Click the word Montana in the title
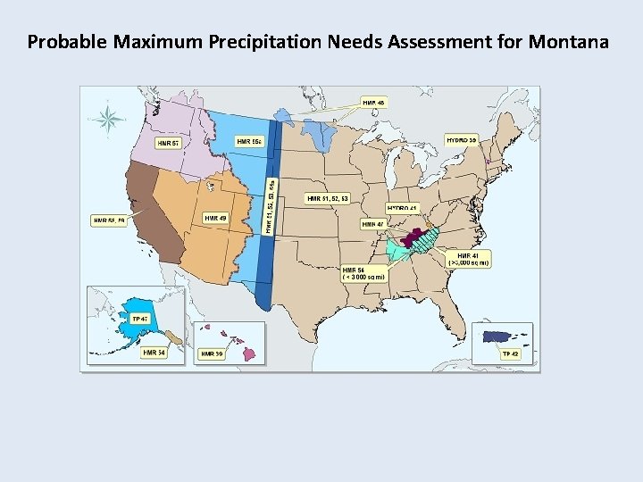coord(569,41)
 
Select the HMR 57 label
coord(169,142)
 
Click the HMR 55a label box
coord(249,142)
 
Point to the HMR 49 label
coord(215,218)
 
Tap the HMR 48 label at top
coord(374,103)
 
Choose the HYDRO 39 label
coord(461,140)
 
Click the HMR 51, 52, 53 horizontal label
coord(327,197)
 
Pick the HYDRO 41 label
coord(403,209)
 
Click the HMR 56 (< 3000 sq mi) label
coord(364,273)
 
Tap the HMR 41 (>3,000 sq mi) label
coord(468,259)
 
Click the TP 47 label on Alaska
coord(139,319)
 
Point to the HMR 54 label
coord(154,353)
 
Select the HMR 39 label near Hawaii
coord(212,353)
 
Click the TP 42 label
coord(510,354)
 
